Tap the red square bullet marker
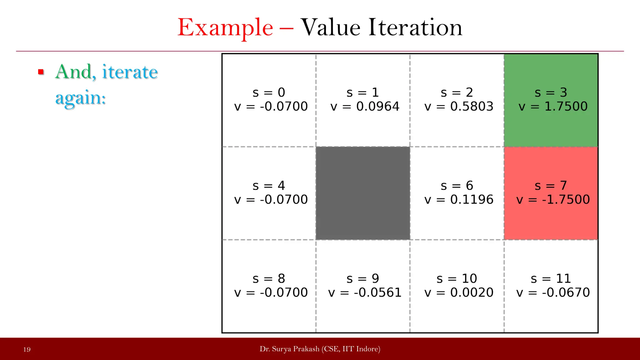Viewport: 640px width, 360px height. point(41,72)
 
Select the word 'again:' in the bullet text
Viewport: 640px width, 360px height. point(81,98)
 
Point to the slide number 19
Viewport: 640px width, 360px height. point(27,349)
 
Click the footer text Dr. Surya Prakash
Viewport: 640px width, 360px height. point(289,349)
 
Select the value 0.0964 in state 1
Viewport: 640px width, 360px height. point(377,107)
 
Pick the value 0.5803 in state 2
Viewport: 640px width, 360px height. point(472,107)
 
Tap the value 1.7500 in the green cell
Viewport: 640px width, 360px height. point(566,107)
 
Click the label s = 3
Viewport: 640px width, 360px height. point(551,92)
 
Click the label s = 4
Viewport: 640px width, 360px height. point(269,186)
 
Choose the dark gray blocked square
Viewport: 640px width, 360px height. point(363,193)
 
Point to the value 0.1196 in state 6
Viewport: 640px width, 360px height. point(472,200)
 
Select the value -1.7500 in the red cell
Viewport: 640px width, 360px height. point(566,200)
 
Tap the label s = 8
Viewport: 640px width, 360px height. point(269,278)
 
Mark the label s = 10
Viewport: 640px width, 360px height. point(457,278)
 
